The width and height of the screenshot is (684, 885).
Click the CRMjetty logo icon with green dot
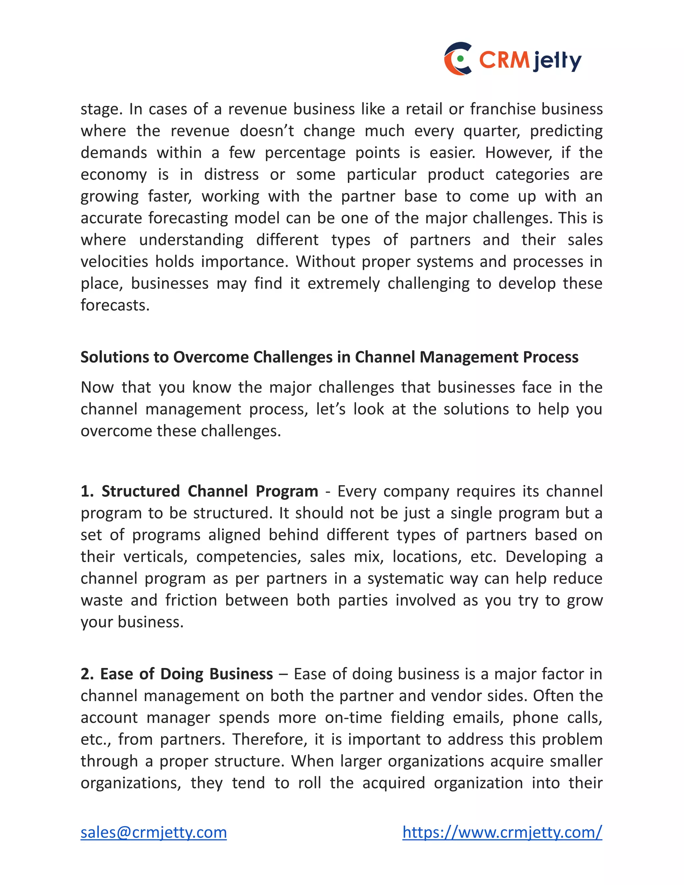[458, 58]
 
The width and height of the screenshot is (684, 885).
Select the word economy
[114, 175]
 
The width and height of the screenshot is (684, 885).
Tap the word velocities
[114, 262]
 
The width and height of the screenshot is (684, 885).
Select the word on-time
[353, 718]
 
